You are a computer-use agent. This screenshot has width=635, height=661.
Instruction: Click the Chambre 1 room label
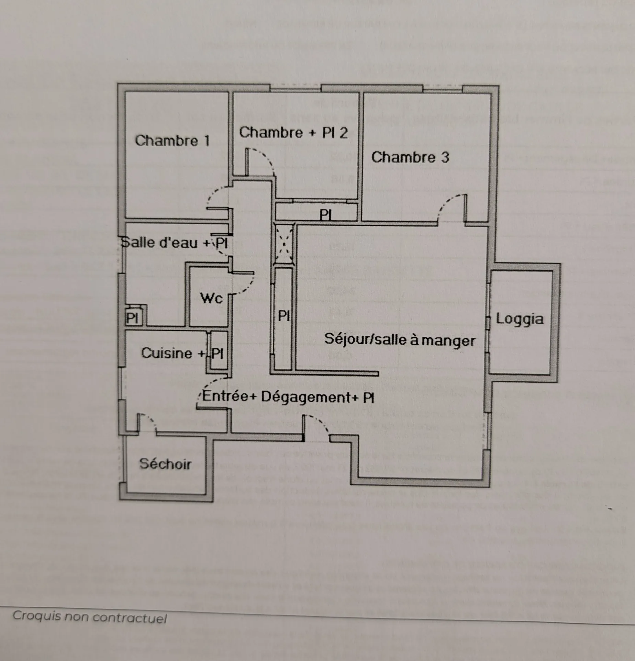tap(172, 141)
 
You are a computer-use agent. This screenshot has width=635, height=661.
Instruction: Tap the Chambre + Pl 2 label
tap(293, 133)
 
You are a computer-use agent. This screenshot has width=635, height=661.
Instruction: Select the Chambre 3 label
tap(410, 157)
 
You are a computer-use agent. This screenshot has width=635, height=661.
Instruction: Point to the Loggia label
tap(520, 319)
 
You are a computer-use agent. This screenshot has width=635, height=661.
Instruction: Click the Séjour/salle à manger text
tap(400, 340)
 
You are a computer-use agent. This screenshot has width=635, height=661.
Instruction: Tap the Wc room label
tap(211, 298)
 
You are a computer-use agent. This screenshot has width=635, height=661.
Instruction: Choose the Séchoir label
tap(165, 464)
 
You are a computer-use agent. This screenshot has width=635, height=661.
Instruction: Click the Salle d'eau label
tap(159, 243)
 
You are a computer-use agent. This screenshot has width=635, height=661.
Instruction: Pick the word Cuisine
tap(167, 353)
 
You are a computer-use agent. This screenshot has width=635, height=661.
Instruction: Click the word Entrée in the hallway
tap(229, 396)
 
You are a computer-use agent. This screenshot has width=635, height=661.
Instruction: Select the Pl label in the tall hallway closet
tap(284, 315)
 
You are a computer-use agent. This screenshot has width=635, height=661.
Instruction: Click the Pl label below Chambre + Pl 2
tap(325, 215)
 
